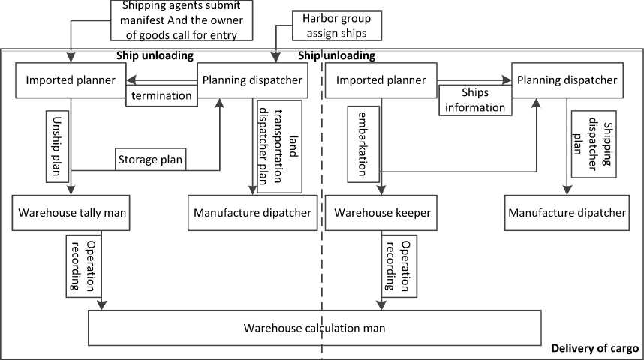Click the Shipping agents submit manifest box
tap(180, 20)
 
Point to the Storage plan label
tap(150, 160)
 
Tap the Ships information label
tap(475, 100)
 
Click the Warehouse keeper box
tap(383, 213)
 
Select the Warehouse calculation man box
tap(315, 328)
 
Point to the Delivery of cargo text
tap(594, 348)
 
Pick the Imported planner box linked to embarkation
tap(381, 80)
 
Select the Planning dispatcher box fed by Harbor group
tap(252, 80)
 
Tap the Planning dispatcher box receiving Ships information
tap(566, 80)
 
